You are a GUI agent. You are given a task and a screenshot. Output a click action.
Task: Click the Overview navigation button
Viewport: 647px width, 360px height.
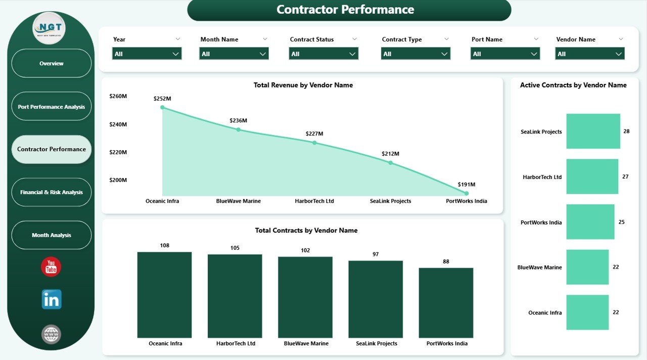[x=51, y=63]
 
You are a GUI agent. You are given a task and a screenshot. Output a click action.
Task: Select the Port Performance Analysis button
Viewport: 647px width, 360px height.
[x=51, y=107]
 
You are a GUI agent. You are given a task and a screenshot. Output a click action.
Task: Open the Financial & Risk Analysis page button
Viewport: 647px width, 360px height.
[x=51, y=192]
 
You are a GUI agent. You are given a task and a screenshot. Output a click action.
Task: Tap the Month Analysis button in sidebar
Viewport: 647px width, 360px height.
[x=51, y=235]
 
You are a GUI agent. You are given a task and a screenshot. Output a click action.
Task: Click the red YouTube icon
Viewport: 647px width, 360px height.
[x=51, y=267]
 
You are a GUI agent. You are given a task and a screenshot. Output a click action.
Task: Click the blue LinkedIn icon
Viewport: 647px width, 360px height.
[x=51, y=299]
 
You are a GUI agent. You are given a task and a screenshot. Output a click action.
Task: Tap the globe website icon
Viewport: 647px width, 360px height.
[x=51, y=334]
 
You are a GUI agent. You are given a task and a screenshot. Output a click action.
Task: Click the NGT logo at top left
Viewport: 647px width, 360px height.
[x=49, y=28]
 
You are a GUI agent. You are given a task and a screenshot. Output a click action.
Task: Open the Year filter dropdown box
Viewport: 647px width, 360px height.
[x=147, y=54]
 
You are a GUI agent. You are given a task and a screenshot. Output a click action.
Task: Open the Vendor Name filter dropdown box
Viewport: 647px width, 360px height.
[x=590, y=54]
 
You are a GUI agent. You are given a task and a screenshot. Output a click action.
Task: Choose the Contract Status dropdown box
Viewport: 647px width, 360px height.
[x=323, y=54]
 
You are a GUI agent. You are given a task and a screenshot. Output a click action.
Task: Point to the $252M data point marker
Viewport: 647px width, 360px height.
[x=162, y=107]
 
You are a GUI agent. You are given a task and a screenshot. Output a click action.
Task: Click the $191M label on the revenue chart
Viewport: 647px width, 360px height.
[x=466, y=185]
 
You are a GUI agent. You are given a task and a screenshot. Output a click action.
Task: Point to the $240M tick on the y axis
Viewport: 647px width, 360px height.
[x=118, y=124]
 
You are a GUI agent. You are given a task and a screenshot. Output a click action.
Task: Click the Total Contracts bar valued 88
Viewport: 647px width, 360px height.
[x=446, y=302]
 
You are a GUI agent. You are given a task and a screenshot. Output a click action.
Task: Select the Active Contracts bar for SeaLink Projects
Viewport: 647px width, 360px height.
[x=593, y=131]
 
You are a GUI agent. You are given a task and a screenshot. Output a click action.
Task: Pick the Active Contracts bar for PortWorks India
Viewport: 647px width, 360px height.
[x=590, y=222]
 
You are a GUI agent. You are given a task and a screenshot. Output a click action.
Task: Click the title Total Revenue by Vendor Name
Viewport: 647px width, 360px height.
[x=303, y=85]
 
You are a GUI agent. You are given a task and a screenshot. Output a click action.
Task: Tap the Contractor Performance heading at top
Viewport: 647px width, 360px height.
[x=345, y=10]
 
